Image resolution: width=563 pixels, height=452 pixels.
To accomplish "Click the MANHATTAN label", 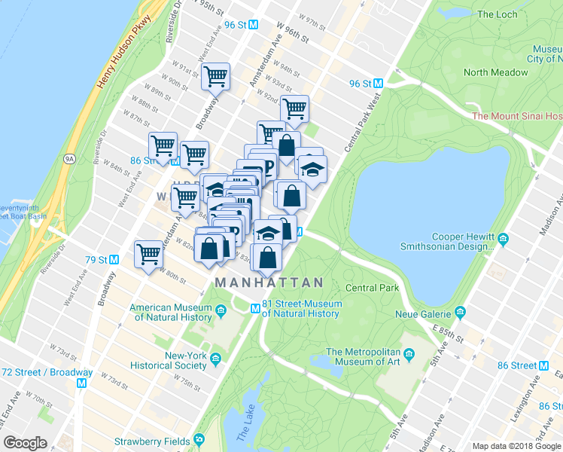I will point(269,282).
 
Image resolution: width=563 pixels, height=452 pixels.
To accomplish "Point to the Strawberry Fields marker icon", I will point(199,440).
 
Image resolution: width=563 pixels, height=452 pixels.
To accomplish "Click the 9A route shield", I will point(71,159).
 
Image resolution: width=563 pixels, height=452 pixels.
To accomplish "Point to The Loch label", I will point(496,14).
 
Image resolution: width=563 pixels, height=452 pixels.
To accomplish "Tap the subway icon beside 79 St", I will point(114,260).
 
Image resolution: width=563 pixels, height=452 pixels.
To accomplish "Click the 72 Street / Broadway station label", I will point(47,372).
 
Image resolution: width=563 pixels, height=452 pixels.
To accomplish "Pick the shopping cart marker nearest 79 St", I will point(149,255).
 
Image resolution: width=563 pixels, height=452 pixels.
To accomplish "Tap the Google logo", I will point(26,443).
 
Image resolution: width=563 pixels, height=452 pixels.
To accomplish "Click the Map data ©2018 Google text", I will point(516,446).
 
